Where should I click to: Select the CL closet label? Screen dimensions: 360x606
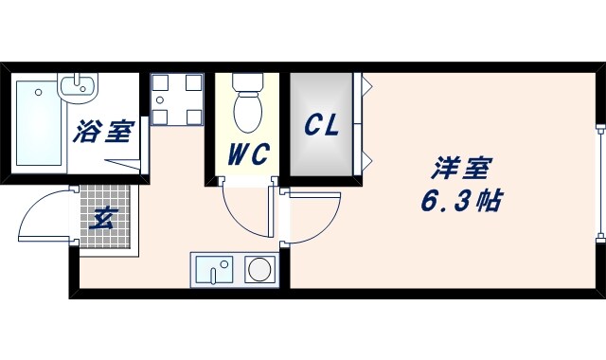[x=321, y=126]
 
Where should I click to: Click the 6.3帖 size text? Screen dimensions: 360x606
[x=460, y=201]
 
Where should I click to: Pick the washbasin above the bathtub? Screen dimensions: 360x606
[x=77, y=87]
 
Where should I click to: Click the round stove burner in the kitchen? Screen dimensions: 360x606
[x=258, y=270]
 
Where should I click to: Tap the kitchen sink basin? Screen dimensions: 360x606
[x=216, y=271]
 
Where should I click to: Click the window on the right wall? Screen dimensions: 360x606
[x=598, y=180]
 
